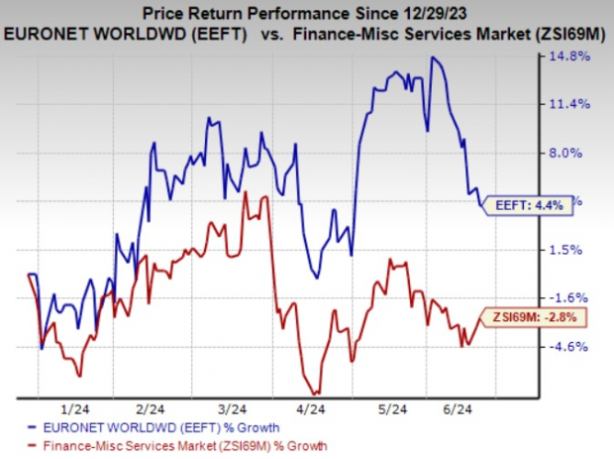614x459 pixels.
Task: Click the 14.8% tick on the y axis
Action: [577, 57]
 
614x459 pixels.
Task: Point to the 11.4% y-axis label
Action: [577, 104]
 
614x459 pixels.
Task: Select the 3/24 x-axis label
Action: [232, 407]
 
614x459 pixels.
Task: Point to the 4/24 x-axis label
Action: [312, 407]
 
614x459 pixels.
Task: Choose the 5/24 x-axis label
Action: [393, 407]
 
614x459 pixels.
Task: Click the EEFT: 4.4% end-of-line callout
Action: [532, 206]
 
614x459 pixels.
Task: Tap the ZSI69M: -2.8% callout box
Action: [534, 317]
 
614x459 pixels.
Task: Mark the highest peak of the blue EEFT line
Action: [432, 57]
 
